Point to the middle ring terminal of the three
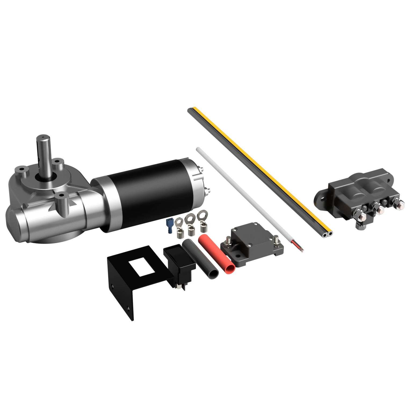190,222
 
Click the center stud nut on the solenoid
379,210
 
